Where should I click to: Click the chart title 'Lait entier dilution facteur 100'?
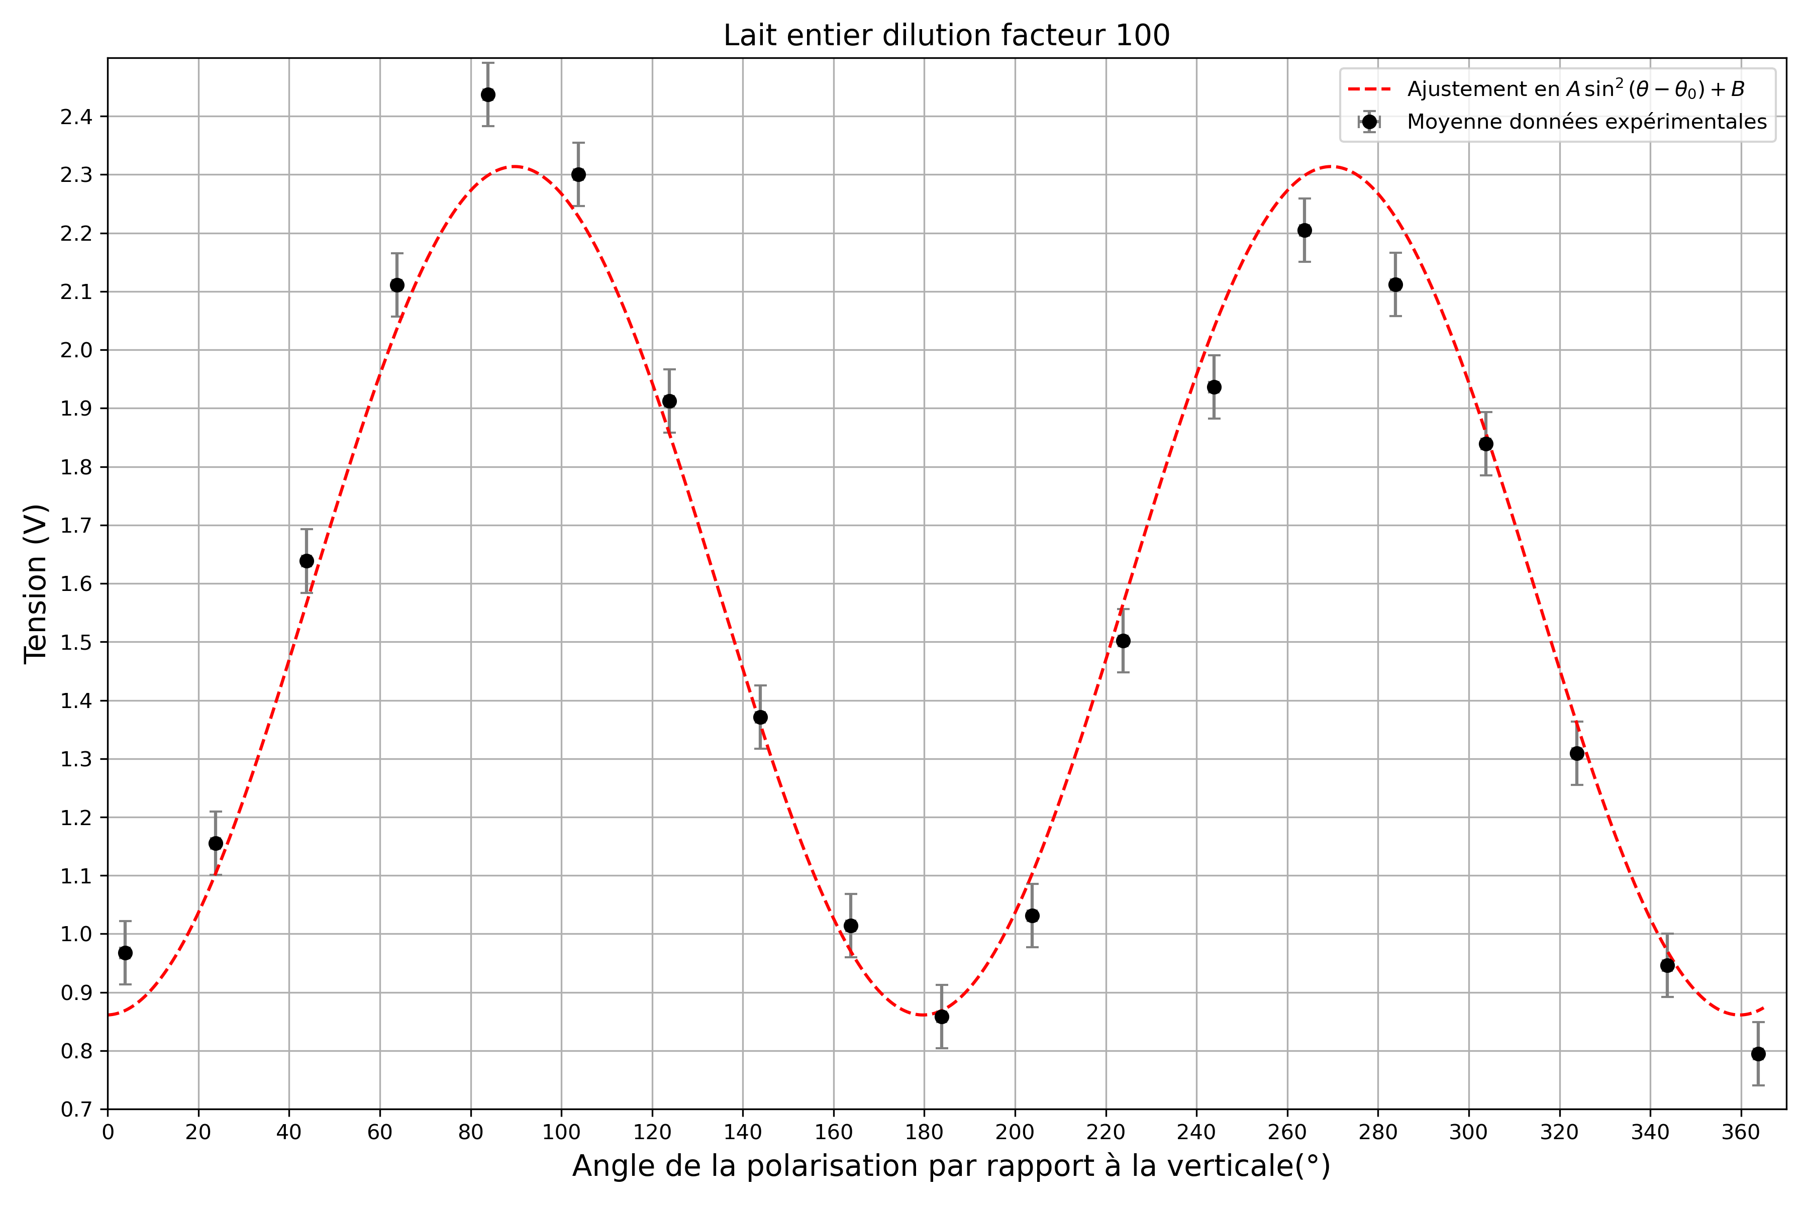pyautogui.click(x=946, y=35)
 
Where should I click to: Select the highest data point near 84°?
pyautogui.click(x=487, y=94)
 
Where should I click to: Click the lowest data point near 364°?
pyautogui.click(x=1758, y=1054)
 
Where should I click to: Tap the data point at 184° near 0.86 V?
pyautogui.click(x=941, y=1017)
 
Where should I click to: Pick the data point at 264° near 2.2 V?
pyautogui.click(x=1304, y=230)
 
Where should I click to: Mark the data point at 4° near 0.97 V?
pyautogui.click(x=125, y=953)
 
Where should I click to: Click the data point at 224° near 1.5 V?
pyautogui.click(x=1123, y=641)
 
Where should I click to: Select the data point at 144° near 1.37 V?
pyautogui.click(x=760, y=717)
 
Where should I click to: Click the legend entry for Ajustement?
pyautogui.click(x=1575, y=89)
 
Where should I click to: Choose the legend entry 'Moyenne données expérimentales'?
pyautogui.click(x=1586, y=122)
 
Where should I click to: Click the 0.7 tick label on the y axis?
pyautogui.click(x=75, y=1110)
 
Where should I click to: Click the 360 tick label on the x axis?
pyautogui.click(x=1741, y=1132)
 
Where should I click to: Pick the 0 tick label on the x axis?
pyautogui.click(x=108, y=1132)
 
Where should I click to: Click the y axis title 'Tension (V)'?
pyautogui.click(x=35, y=583)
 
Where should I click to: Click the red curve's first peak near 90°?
pyautogui.click(x=516, y=166)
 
